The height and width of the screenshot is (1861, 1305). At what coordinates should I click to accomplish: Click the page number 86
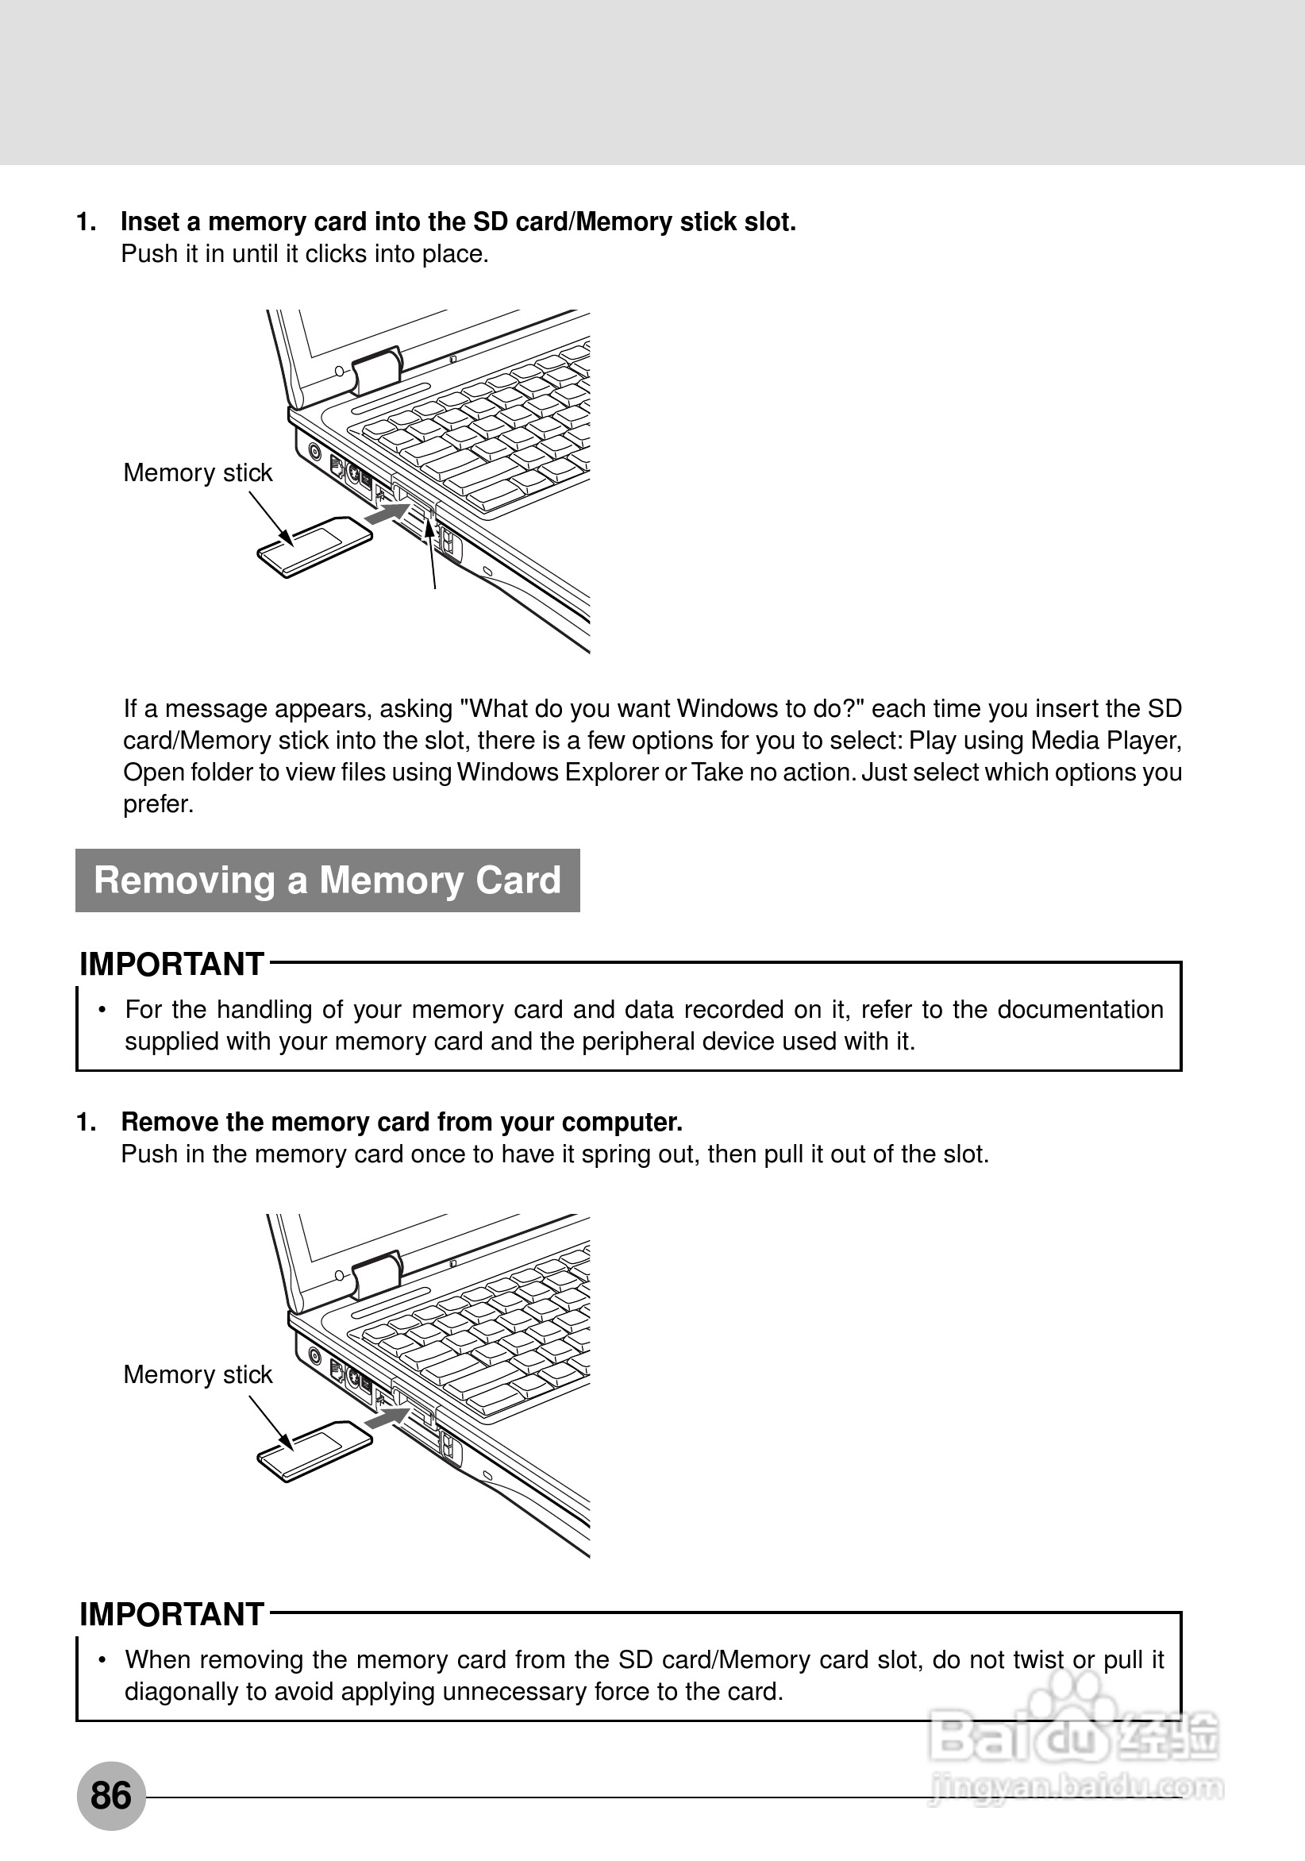tap(111, 1795)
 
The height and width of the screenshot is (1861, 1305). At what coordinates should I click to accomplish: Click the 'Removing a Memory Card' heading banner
tap(328, 880)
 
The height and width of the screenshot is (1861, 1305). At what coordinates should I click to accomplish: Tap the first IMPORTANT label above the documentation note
tap(171, 965)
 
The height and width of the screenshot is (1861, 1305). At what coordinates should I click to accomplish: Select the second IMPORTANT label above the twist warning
tap(171, 1615)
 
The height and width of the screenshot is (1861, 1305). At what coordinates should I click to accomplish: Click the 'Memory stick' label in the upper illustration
tap(198, 472)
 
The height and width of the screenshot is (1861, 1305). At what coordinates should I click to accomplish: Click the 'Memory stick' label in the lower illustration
tap(198, 1374)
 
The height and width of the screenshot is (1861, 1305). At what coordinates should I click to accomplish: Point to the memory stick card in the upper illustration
tap(314, 546)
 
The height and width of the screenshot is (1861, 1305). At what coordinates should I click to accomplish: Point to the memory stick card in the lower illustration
tap(314, 1451)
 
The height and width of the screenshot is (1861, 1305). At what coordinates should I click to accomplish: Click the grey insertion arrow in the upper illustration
tap(387, 513)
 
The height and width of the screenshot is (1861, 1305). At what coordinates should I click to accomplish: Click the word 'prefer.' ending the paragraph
tap(158, 804)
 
